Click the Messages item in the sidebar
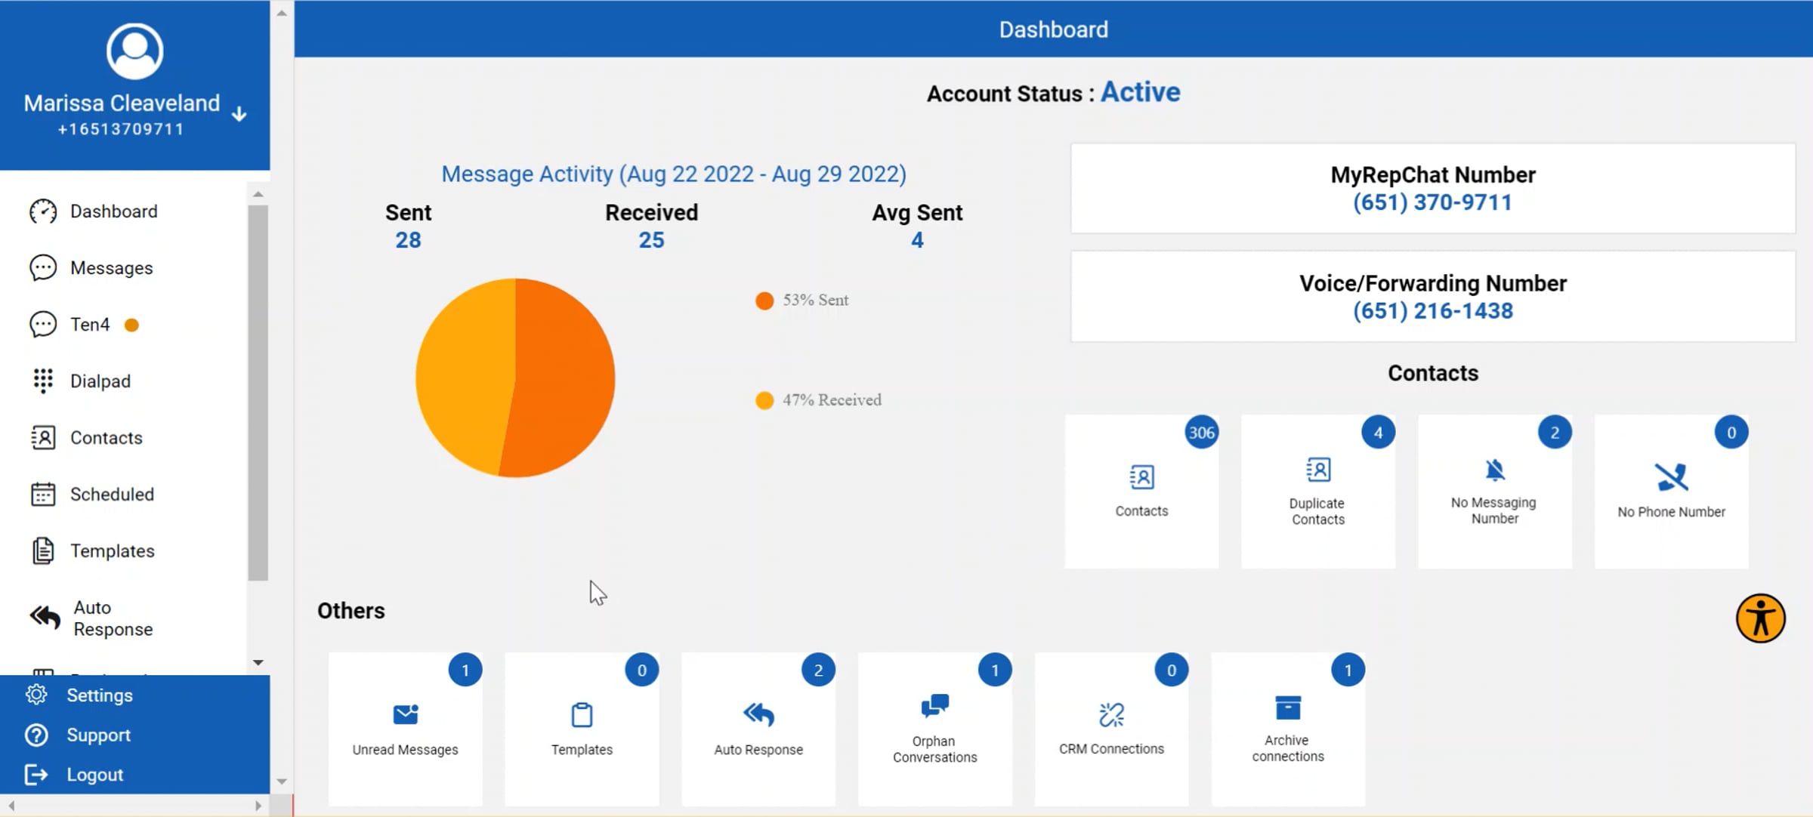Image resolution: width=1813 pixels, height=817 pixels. coord(111,268)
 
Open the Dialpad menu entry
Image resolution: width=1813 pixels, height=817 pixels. coord(100,381)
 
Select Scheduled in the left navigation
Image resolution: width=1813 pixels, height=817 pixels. coord(111,495)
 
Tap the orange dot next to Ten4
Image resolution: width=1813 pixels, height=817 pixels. coord(131,325)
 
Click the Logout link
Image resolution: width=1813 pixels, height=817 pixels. coord(94,775)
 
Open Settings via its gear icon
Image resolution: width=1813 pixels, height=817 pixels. coord(36,695)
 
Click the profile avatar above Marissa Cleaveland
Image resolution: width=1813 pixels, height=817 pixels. coord(134,51)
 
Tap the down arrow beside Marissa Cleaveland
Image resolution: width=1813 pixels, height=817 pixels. coord(239,114)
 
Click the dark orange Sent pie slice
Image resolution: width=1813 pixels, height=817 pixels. coord(563,378)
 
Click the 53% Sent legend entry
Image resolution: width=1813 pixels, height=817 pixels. coord(802,301)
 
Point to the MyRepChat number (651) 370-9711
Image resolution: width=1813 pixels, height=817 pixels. coord(1432,202)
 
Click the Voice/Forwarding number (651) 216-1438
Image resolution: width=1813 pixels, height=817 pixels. coord(1433,311)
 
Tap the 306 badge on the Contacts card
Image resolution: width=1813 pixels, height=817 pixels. coord(1201,433)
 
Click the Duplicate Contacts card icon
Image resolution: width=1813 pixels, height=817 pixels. coord(1318,470)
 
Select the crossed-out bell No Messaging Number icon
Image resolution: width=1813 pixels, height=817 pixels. coord(1494,470)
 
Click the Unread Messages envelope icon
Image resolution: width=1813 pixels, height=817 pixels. coord(406,714)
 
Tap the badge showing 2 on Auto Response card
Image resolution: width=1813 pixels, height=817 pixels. coord(818,671)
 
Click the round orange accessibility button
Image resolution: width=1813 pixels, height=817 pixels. coord(1760,618)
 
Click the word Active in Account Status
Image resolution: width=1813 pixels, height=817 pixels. coord(1140,92)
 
